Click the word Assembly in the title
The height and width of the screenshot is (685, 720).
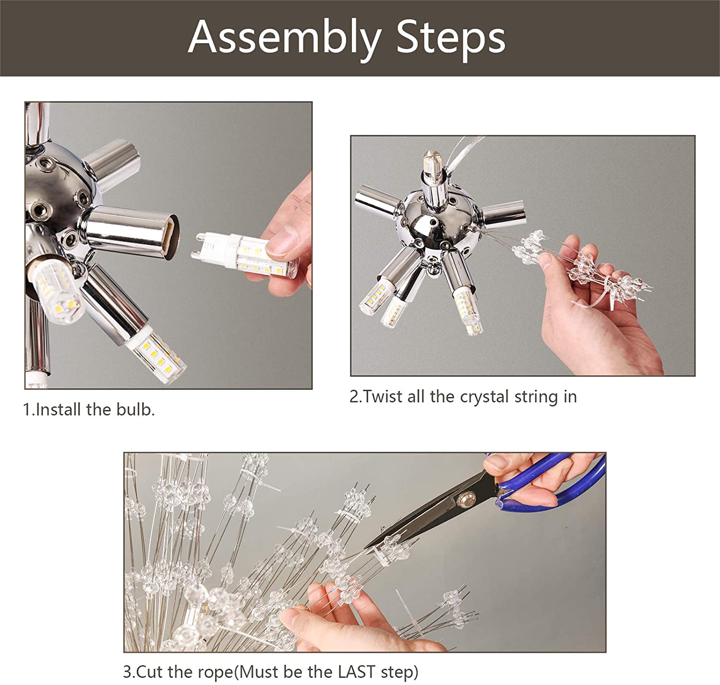click(285, 38)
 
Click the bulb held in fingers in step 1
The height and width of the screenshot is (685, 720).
click(245, 254)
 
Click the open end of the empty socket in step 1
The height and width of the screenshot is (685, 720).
click(171, 237)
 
